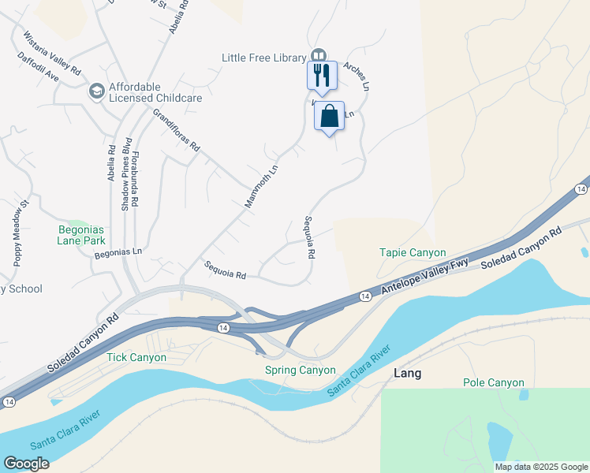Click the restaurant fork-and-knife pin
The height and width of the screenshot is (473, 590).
(321, 76)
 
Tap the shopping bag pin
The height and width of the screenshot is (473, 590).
(330, 116)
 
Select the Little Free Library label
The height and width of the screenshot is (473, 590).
(263, 57)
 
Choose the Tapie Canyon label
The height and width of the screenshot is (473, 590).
(413, 252)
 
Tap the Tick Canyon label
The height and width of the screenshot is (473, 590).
(136, 357)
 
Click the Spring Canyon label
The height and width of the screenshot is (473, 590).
(300, 370)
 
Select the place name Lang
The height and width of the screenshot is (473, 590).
(406, 373)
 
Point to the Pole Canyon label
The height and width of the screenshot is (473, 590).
(493, 382)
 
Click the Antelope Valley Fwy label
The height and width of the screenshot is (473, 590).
(424, 277)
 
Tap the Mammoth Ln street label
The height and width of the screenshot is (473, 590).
(262, 186)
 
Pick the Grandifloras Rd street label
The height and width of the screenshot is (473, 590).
(177, 130)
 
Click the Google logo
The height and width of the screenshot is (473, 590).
(26, 464)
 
